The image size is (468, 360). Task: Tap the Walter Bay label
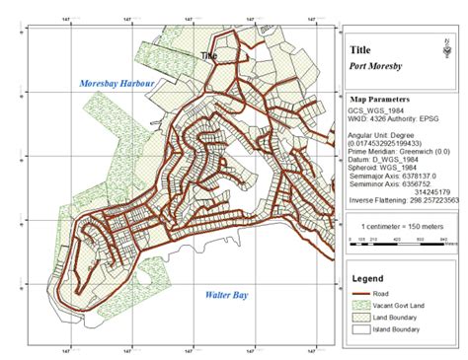tap(225, 295)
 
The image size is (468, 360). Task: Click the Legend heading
tap(367, 279)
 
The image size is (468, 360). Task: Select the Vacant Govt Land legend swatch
tap(361, 307)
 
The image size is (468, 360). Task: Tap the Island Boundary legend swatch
tap(361, 331)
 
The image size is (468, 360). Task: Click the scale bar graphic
tap(400, 240)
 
